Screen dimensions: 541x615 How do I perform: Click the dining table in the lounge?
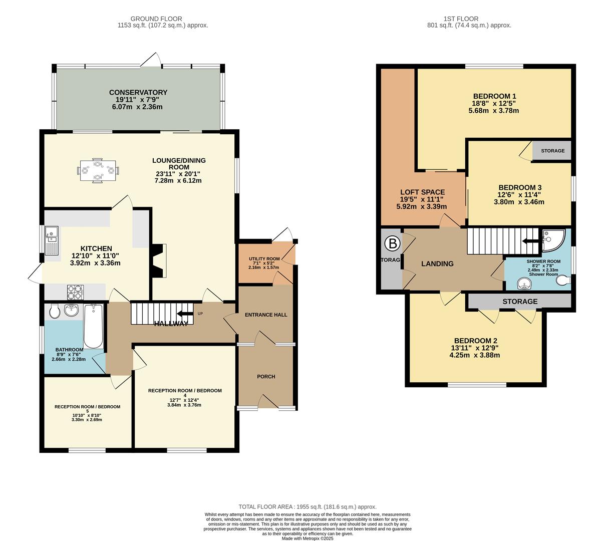99,171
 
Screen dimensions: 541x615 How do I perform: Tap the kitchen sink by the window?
52,239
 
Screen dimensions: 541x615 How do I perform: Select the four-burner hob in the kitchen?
75,290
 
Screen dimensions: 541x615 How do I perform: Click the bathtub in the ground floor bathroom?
93,326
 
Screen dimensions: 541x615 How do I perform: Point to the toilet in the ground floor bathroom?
55,312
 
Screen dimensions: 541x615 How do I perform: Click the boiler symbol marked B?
392,244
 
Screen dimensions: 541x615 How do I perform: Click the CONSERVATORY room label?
138,93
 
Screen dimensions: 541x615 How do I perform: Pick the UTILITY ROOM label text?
264,258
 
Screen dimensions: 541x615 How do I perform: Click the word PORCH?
266,377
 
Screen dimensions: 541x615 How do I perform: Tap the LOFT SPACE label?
422,192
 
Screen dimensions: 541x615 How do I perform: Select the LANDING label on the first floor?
437,264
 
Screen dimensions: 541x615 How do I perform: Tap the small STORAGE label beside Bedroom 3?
552,151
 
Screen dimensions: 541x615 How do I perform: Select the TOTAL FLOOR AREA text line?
307,507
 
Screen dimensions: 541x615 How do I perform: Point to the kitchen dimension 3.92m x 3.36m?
95,263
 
